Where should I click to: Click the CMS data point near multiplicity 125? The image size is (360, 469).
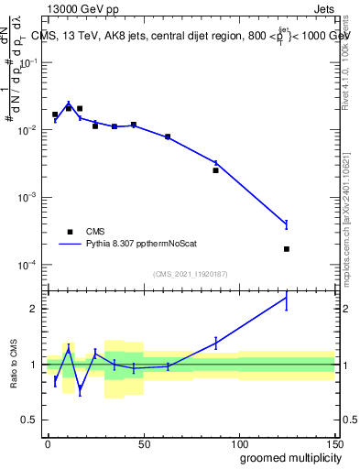[x=287, y=249]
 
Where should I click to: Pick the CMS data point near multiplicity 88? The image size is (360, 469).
[x=216, y=170]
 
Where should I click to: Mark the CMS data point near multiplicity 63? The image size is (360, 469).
[x=168, y=136]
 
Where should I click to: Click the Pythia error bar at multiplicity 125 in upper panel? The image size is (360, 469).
[x=287, y=224]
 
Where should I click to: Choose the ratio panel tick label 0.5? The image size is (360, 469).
[x=31, y=420]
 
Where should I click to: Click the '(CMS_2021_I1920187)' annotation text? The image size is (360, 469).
[x=191, y=273]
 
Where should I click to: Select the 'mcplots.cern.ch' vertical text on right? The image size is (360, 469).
[x=353, y=220]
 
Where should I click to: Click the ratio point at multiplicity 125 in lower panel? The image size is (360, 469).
[x=287, y=298]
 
